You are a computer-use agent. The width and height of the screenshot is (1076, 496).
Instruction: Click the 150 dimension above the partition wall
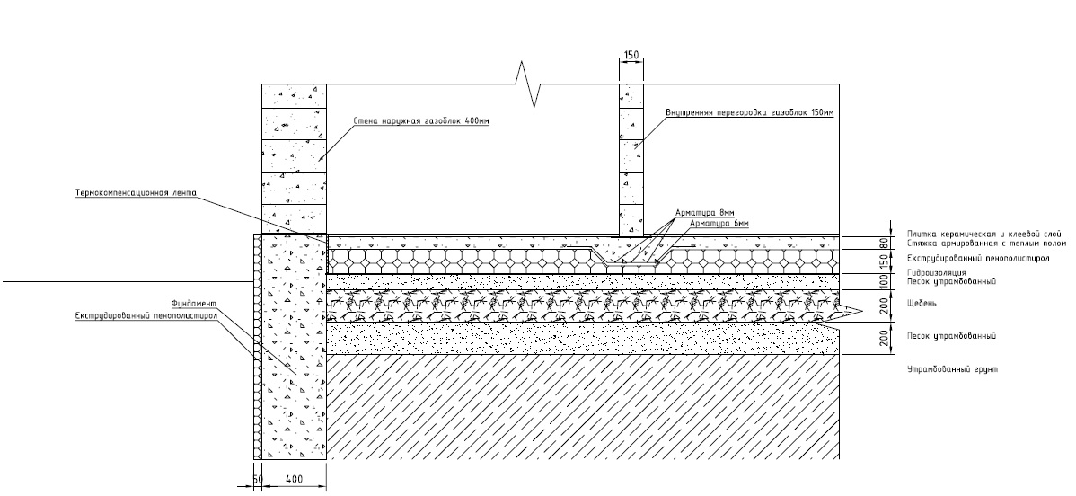click(631, 54)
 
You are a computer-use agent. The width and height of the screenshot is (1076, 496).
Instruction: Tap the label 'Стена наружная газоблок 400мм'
click(420, 121)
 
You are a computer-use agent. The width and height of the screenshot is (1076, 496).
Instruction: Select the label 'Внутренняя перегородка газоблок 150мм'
click(749, 112)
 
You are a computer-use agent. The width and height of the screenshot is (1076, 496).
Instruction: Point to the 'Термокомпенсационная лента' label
click(136, 193)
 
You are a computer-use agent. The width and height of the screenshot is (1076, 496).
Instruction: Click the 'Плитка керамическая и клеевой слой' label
click(984, 235)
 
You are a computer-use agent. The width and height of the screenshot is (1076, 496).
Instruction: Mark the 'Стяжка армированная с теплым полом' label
click(987, 244)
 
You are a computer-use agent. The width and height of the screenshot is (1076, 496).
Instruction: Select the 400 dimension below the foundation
click(294, 478)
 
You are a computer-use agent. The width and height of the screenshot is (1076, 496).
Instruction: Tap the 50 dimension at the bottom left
click(258, 478)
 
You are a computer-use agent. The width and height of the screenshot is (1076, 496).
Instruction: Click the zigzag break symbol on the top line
click(530, 84)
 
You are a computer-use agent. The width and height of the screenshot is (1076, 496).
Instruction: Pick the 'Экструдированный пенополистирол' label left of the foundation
click(146, 315)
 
